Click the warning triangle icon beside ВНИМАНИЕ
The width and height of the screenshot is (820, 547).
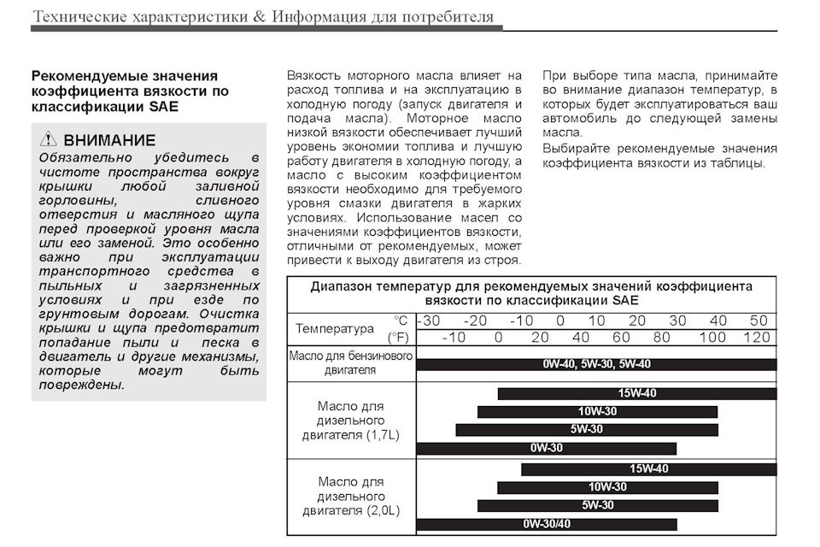click(x=49, y=140)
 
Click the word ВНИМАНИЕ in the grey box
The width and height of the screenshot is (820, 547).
click(x=109, y=140)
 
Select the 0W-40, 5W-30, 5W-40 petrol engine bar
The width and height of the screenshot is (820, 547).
click(x=596, y=364)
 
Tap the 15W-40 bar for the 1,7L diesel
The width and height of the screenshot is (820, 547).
click(x=636, y=394)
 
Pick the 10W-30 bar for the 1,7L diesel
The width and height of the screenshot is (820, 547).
click(x=597, y=412)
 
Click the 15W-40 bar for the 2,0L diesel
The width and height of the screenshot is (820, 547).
click(x=648, y=469)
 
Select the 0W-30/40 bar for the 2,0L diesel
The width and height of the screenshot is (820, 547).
click(x=547, y=524)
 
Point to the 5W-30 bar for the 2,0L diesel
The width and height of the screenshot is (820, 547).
click(x=597, y=505)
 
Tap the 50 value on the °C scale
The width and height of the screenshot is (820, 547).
click(x=758, y=321)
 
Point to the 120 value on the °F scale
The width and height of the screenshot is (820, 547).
click(x=757, y=338)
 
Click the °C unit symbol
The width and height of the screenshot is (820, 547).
click(x=401, y=321)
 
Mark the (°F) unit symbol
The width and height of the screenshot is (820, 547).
click(x=398, y=338)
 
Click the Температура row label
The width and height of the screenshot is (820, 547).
click(x=335, y=329)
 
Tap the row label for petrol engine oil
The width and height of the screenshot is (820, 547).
click(x=351, y=363)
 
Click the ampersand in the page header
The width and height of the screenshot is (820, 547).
click(x=261, y=17)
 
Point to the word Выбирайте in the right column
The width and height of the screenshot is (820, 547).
click(x=573, y=149)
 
